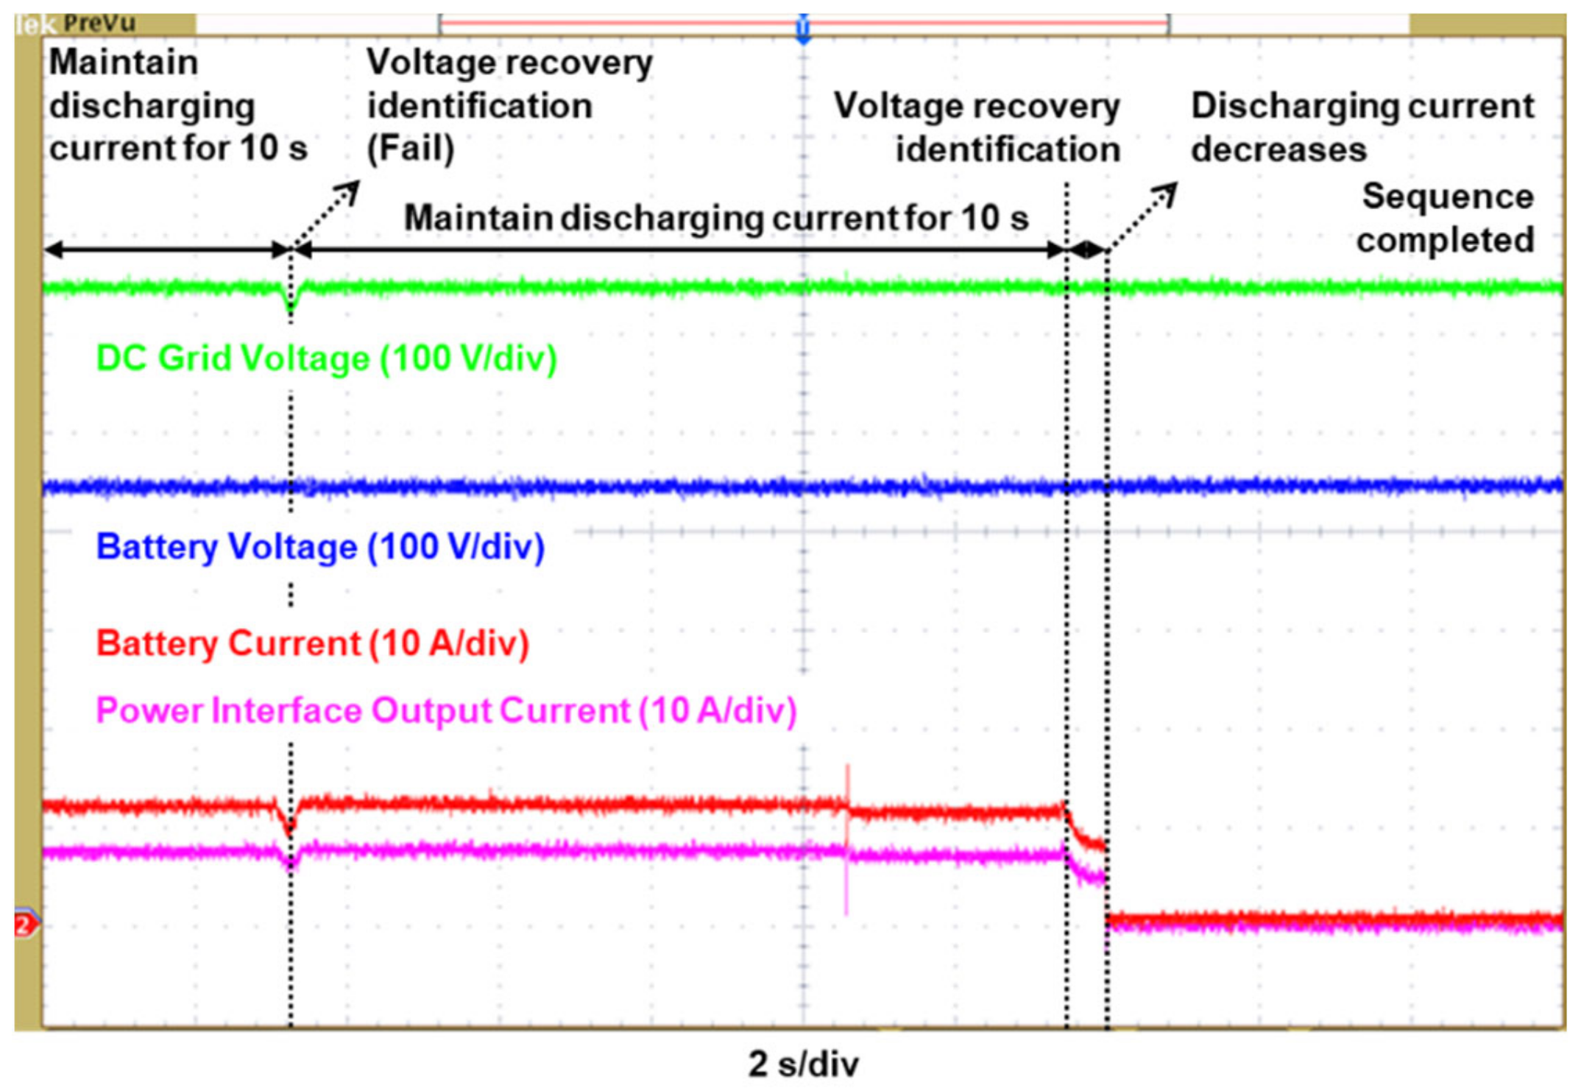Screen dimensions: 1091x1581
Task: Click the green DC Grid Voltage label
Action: click(326, 359)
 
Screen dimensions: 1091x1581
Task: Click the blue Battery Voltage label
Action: click(320, 547)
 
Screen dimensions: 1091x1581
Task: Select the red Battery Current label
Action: click(313, 643)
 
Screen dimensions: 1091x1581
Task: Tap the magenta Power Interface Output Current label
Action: click(446, 711)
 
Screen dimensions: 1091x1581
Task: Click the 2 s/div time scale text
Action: click(803, 1064)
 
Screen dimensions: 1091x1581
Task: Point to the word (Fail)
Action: click(411, 149)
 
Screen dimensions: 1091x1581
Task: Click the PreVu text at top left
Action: click(99, 24)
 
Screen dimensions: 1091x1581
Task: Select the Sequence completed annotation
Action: click(1446, 219)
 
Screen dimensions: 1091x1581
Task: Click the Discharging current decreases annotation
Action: click(1362, 127)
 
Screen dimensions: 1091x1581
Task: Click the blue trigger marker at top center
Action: click(803, 29)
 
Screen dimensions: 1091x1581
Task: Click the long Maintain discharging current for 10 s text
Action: click(715, 219)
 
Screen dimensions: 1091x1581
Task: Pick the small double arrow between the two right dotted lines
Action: click(1086, 250)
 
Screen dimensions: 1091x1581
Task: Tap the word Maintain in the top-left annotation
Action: click(124, 63)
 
